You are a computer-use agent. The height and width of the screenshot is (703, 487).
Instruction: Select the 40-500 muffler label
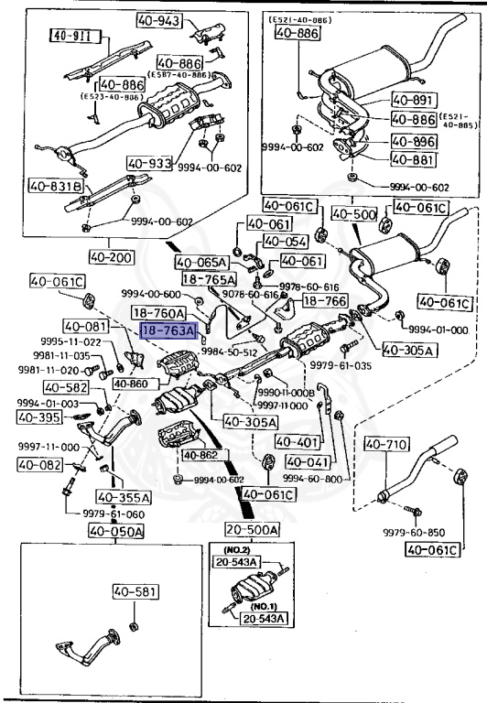coord(353,213)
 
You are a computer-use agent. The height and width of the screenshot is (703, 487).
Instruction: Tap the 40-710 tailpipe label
coord(384,445)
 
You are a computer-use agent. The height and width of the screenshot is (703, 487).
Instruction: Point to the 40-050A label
coord(116,531)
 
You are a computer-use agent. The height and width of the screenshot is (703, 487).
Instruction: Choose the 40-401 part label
coord(296,441)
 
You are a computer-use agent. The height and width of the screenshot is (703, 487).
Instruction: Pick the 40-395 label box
coord(40,417)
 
